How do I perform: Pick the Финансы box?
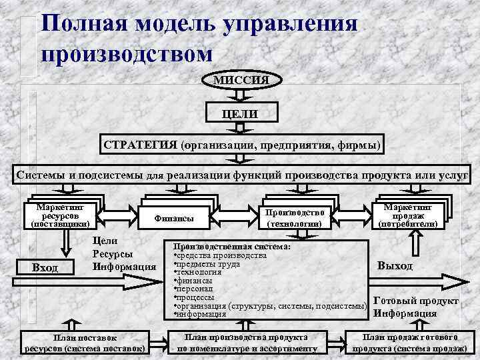tap(174, 217)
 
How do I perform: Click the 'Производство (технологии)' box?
tap(295, 217)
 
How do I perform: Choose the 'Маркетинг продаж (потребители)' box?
tap(408, 213)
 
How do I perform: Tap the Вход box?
tap(45, 267)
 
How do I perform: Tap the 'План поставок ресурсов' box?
tap(84, 343)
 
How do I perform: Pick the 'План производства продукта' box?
tap(245, 343)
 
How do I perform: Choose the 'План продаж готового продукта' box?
tap(409, 343)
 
